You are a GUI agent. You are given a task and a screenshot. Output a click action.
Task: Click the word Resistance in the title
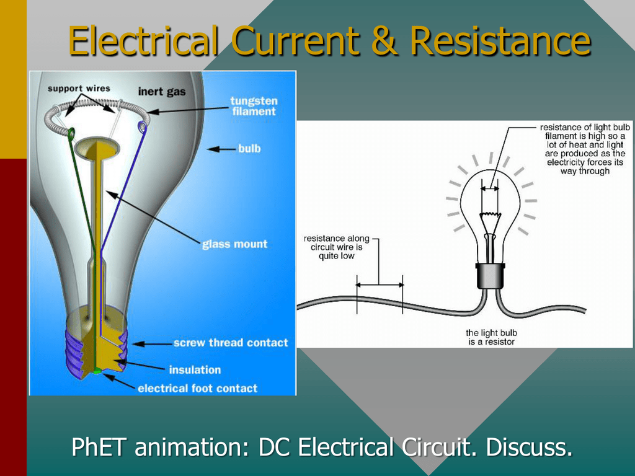point(500,40)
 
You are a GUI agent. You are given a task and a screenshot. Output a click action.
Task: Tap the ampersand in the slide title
point(384,40)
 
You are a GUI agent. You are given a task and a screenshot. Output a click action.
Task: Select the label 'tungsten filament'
point(254,106)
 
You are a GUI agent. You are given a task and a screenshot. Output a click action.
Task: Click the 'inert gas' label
point(162,92)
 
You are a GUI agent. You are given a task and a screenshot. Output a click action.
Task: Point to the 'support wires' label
point(79,88)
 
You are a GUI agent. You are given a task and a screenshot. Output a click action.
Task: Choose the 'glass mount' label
point(235,244)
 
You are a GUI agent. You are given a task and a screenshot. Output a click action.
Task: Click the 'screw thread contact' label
point(231,343)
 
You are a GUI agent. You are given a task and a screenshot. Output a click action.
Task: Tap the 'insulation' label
point(195,369)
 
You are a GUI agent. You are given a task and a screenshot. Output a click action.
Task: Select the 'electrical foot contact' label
point(198,389)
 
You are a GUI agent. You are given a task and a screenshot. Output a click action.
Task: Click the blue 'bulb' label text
point(249,149)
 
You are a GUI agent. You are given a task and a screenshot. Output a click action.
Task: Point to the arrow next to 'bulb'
point(221,149)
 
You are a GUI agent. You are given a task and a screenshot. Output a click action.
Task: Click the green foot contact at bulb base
point(97,371)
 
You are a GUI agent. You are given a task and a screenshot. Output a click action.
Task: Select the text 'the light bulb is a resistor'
point(491,337)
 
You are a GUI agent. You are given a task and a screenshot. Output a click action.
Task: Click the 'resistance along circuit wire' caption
point(337,247)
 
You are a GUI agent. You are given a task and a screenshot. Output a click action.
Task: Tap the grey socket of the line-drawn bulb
point(491,276)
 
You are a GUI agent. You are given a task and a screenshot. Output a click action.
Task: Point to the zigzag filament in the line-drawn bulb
point(490,214)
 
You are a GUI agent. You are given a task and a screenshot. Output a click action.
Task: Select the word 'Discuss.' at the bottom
point(529,447)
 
